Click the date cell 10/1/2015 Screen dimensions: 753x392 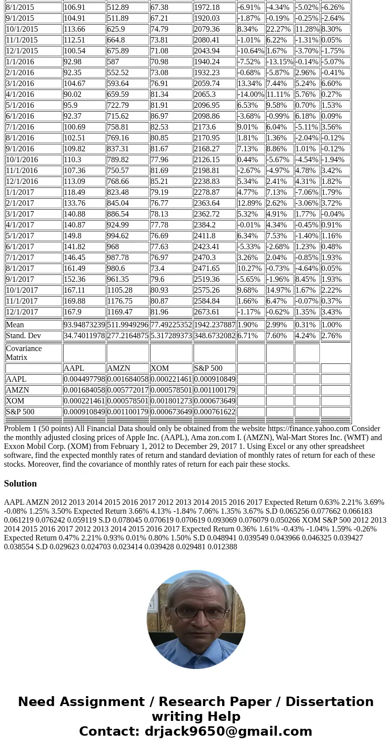click(22, 29)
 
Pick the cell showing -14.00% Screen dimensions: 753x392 click(250, 94)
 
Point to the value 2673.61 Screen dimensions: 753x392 click(207, 312)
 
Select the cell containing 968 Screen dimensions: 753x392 click(114, 247)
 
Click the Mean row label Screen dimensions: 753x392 click(15, 325)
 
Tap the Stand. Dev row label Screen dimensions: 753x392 click(23, 336)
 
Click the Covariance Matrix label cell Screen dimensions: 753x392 click(24, 353)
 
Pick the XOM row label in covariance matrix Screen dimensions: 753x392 click(14, 401)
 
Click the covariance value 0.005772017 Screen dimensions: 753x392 click(127, 390)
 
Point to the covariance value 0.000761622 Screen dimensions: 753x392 click(214, 412)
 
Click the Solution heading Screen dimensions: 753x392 click(20, 484)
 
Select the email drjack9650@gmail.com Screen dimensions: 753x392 click(228, 732)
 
